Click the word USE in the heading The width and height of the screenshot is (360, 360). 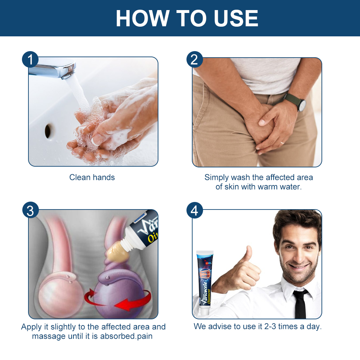(235, 18)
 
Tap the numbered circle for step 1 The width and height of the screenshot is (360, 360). (30, 59)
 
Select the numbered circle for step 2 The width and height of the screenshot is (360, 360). (194, 59)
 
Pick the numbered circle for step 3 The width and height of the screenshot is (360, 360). (30, 210)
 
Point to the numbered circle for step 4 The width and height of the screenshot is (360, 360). (194, 210)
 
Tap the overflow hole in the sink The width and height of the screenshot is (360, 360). (49, 131)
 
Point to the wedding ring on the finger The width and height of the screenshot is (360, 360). (282, 143)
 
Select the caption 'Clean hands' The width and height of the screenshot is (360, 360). (92, 177)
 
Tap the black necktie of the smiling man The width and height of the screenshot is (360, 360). (301, 303)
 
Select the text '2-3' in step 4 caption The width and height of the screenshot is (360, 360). (270, 326)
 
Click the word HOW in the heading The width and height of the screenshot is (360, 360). (142, 18)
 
